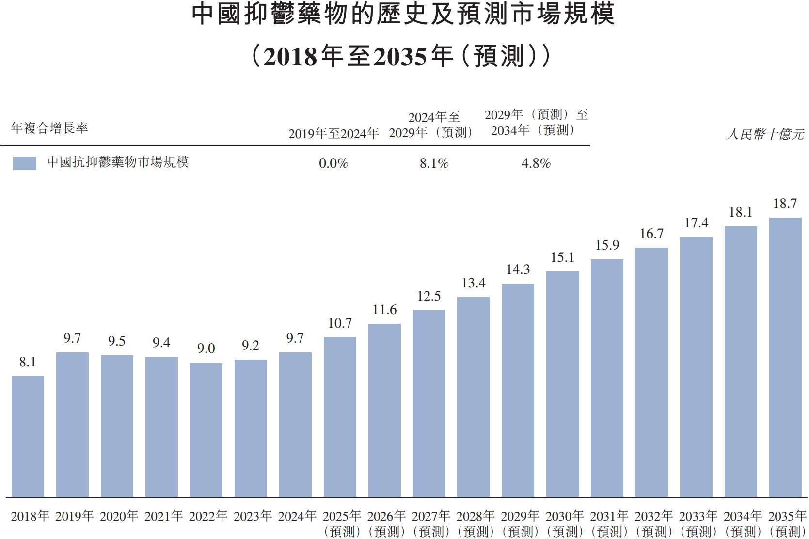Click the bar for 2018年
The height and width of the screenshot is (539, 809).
(x=28, y=436)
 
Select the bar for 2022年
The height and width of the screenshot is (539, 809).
(x=206, y=430)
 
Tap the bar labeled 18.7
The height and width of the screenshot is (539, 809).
(x=785, y=357)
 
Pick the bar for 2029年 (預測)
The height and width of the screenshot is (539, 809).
(x=518, y=390)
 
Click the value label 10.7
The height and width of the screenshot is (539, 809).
(x=340, y=323)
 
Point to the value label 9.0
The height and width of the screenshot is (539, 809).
(x=206, y=349)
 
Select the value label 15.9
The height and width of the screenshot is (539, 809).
(x=607, y=245)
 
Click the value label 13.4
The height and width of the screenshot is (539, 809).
(x=474, y=283)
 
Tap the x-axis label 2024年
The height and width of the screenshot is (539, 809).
(x=297, y=516)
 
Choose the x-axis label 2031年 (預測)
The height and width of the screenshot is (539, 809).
(x=609, y=523)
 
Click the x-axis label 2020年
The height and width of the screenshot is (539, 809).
(x=119, y=516)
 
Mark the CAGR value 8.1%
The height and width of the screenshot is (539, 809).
(x=434, y=163)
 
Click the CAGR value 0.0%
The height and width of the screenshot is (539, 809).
(x=333, y=163)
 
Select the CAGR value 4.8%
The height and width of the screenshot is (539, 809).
(x=536, y=163)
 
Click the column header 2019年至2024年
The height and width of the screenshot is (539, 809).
(x=333, y=134)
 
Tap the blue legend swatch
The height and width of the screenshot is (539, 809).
(x=25, y=163)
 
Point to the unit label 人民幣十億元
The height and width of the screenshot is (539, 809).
(x=765, y=134)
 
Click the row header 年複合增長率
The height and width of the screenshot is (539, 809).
(x=49, y=128)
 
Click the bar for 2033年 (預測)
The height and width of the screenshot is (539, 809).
(x=696, y=367)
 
